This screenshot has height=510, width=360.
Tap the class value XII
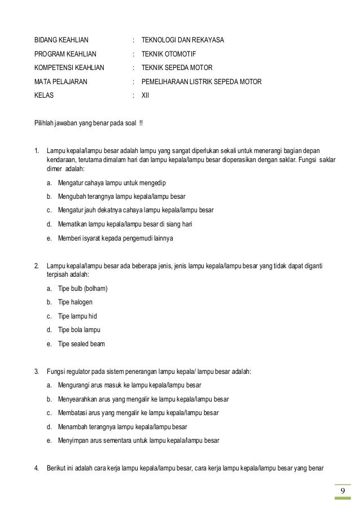144,95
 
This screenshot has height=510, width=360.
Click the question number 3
36,372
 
